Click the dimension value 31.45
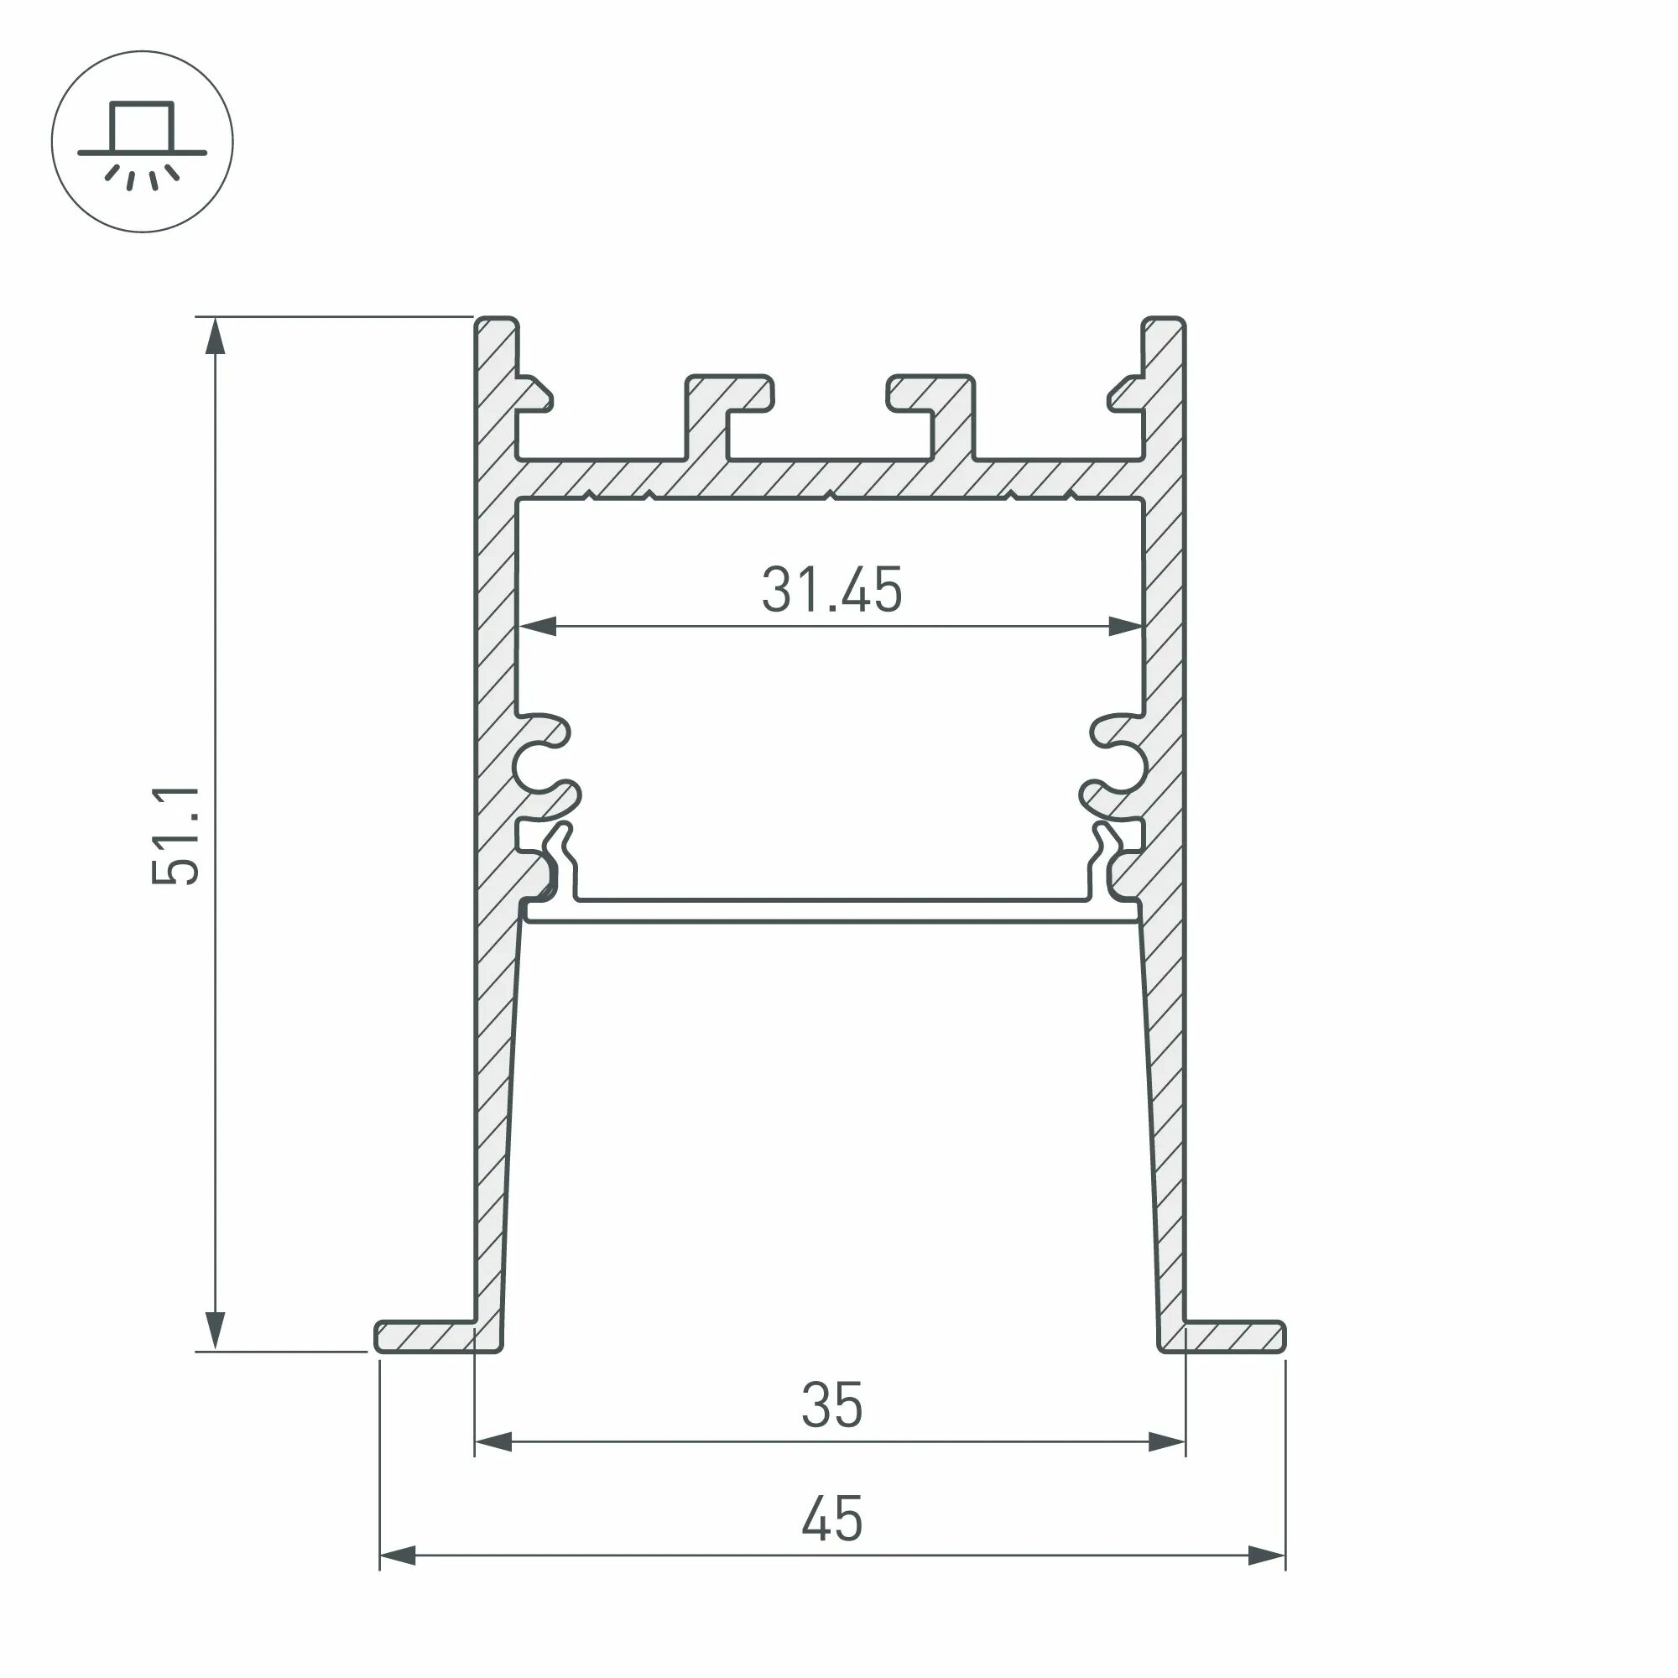click(831, 590)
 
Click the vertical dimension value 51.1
click(176, 836)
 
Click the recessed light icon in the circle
click(143, 142)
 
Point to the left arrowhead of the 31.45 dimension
click(536, 626)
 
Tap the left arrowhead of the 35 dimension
click(493, 1442)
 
